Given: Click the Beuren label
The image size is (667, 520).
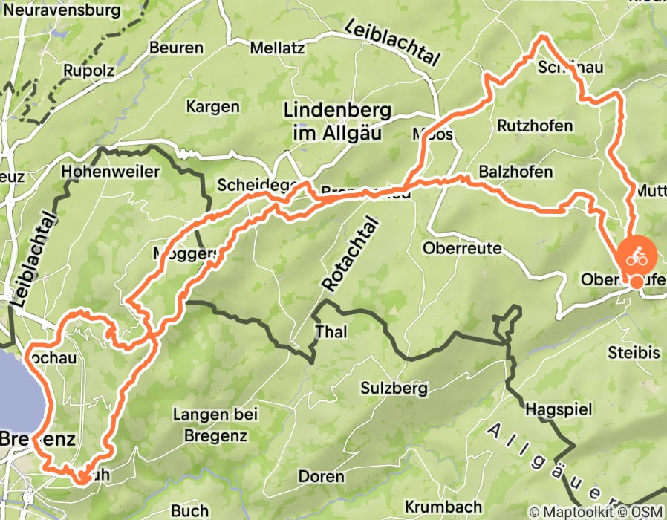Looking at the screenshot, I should point(176,48).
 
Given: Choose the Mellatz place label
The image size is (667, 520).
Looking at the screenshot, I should point(278,48).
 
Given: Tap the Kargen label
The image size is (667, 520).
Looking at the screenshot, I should point(212,106).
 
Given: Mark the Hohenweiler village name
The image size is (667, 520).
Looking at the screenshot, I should point(111,171).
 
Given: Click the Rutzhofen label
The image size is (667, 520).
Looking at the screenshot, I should point(535,125).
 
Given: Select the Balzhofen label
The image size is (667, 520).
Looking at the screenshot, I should point(515,172).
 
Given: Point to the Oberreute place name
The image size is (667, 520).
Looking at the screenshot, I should point(462,247).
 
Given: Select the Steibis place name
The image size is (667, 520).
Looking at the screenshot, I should point(634,352).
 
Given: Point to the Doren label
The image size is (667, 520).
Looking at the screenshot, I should point(321,475).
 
